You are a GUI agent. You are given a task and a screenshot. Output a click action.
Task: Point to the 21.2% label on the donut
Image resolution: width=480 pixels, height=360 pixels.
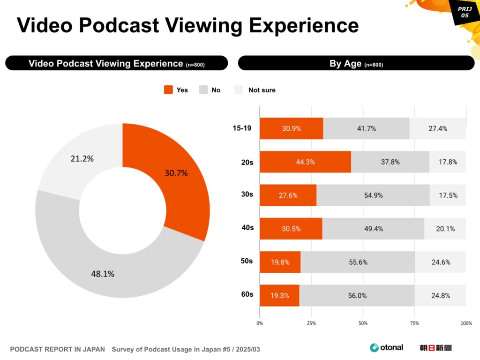pos(82,158)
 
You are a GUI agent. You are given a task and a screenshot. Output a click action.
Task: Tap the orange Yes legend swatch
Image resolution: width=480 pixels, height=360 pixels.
pos(168,90)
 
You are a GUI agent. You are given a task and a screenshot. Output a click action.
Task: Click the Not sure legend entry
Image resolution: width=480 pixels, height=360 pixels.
pos(255,90)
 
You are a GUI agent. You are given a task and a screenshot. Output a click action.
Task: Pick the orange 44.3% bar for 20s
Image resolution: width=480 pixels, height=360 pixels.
pos(305,162)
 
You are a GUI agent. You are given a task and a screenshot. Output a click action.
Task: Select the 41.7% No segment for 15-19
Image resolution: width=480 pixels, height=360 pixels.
pos(366,128)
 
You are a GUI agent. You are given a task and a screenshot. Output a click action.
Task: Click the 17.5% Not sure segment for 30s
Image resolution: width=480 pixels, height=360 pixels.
pos(448,195)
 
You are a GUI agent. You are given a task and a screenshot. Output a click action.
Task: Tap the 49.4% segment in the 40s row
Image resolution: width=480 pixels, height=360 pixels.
pos(373,229)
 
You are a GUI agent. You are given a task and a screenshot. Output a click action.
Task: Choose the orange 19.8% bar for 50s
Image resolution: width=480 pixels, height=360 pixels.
pos(280,262)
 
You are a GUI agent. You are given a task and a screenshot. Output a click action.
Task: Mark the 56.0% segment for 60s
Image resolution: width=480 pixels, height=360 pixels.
pos(357,296)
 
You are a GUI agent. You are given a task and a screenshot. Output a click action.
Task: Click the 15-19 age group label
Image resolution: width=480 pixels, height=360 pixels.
pos(242,128)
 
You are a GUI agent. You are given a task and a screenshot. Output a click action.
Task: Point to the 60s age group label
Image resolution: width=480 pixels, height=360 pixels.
pos(247,294)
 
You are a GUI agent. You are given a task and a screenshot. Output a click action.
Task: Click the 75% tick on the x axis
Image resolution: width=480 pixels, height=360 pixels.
pos(414,323)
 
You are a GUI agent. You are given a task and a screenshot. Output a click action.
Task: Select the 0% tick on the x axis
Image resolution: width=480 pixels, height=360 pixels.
pos(260,323)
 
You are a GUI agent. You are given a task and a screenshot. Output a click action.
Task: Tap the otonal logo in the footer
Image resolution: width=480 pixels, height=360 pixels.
pos(386,347)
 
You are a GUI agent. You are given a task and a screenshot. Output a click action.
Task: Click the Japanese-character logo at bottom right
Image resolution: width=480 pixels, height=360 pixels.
pos(435,348)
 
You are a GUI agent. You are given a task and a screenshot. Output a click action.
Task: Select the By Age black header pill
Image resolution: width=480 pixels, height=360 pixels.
pos(356,63)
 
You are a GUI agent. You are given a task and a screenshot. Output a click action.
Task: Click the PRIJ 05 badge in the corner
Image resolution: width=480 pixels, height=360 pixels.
pos(464,12)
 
